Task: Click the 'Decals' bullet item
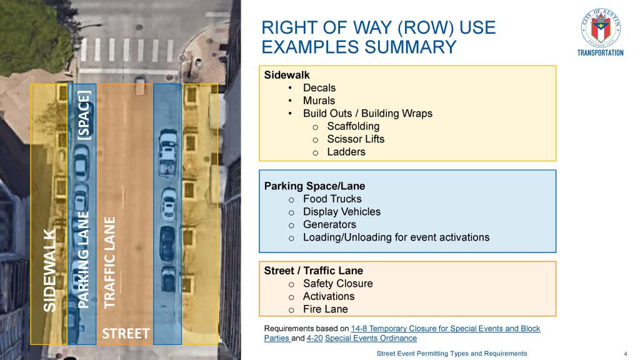click(319, 88)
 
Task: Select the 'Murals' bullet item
click(319, 101)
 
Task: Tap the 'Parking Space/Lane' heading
click(314, 186)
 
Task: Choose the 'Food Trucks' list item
click(332, 199)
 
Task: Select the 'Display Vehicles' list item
click(341, 212)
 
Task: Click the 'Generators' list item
click(329, 224)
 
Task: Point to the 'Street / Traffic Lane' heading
click(313, 271)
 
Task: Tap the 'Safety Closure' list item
click(337, 284)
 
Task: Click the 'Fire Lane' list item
click(325, 309)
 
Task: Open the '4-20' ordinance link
click(314, 338)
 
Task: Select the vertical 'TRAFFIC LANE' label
click(110, 262)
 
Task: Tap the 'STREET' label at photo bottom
click(126, 333)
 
